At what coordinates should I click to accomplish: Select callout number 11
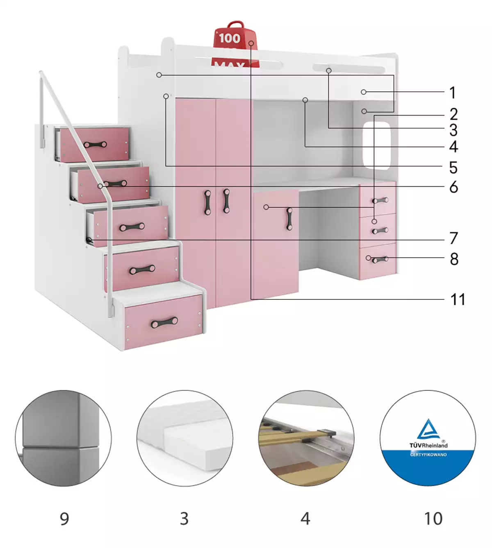tap(458, 299)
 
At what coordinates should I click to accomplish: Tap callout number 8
tap(454, 259)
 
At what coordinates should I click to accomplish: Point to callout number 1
tap(452, 93)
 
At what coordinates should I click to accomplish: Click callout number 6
tap(453, 187)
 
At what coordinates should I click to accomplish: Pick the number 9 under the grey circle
tap(64, 519)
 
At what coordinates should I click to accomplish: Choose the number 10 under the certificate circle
tap(433, 519)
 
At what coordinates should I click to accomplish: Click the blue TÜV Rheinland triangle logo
tap(428, 429)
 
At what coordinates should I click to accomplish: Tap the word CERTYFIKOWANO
tap(428, 455)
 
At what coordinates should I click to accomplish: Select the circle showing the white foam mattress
tap(184, 438)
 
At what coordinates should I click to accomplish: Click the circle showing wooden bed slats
tap(306, 438)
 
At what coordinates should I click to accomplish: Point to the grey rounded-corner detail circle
tap(63, 438)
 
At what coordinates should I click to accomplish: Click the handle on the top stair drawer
tap(96, 145)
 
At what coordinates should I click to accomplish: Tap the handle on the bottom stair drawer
tap(164, 322)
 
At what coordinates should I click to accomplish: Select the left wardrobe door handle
tap(208, 202)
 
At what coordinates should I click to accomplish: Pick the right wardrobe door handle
tap(226, 201)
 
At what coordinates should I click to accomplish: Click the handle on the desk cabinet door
tap(289, 219)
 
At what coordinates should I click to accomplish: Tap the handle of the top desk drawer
tap(380, 200)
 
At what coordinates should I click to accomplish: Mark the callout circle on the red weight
tap(251, 43)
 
